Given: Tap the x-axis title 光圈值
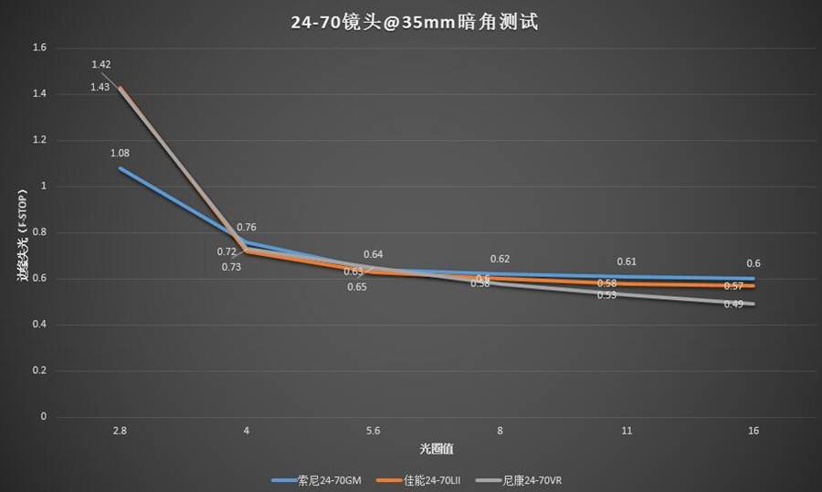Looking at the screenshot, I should coord(437,448).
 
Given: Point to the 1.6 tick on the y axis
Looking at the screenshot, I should coord(39,48).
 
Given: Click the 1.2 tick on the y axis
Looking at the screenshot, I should coord(39,140).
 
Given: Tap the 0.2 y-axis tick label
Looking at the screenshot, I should coord(39,370).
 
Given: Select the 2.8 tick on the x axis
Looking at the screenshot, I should coord(119,430).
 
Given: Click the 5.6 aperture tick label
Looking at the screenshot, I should coord(373,430).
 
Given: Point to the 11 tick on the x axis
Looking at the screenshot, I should coord(627,430).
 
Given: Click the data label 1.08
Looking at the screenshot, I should coord(120,153).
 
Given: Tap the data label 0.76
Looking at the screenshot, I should coord(247,227).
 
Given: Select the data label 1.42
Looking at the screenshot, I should coord(100,64).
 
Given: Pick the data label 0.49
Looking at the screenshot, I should coord(732,304).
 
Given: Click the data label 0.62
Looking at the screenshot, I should coord(500,259).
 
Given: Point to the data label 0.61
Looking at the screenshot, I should coord(627,262).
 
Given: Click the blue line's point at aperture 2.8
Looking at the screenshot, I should coord(120,168).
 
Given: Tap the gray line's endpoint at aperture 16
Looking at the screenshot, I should coord(753,304).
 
